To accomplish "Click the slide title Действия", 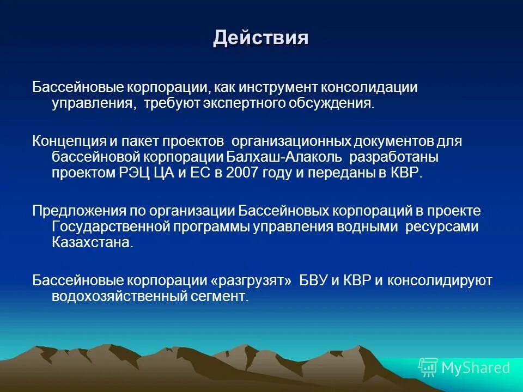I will pos(261,38).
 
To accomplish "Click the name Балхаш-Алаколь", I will pos(284,157).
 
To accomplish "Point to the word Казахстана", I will pos(92,243).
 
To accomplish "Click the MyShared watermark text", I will pos(476,368).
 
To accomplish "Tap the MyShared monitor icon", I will pos(428,367).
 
